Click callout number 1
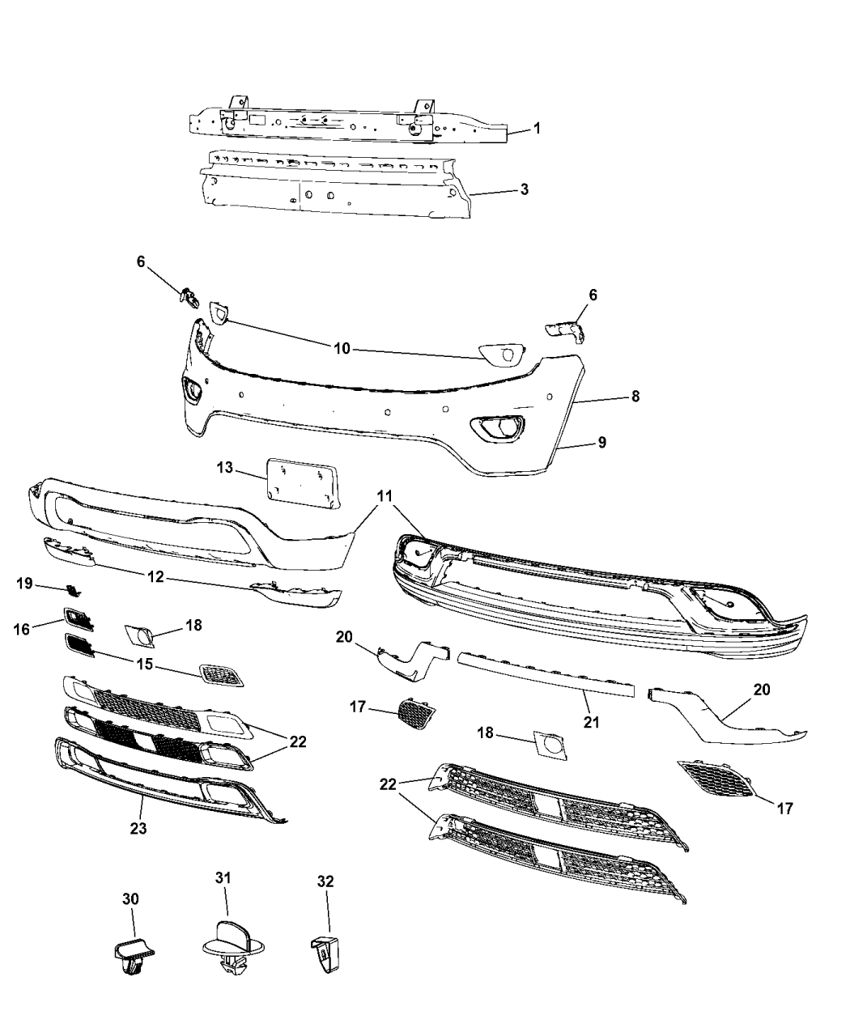pyautogui.click(x=537, y=129)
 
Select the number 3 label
pyautogui.click(x=524, y=189)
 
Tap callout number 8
pyautogui.click(x=635, y=396)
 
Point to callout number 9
pyautogui.click(x=601, y=442)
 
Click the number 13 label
pyautogui.click(x=225, y=467)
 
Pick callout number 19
pyautogui.click(x=25, y=584)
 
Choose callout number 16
pyautogui.click(x=22, y=629)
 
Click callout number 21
pyautogui.click(x=591, y=722)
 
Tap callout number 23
pyautogui.click(x=138, y=828)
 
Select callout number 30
pyautogui.click(x=130, y=898)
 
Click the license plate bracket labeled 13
pyautogui.click(x=304, y=483)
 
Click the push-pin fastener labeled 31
pyautogui.click(x=233, y=945)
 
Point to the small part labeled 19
pyautogui.click(x=73, y=589)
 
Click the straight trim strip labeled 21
pyautogui.click(x=546, y=674)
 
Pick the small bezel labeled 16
pyautogui.click(x=79, y=618)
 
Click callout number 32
pyautogui.click(x=325, y=881)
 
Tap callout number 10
pyautogui.click(x=342, y=348)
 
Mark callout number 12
pyautogui.click(x=155, y=576)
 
